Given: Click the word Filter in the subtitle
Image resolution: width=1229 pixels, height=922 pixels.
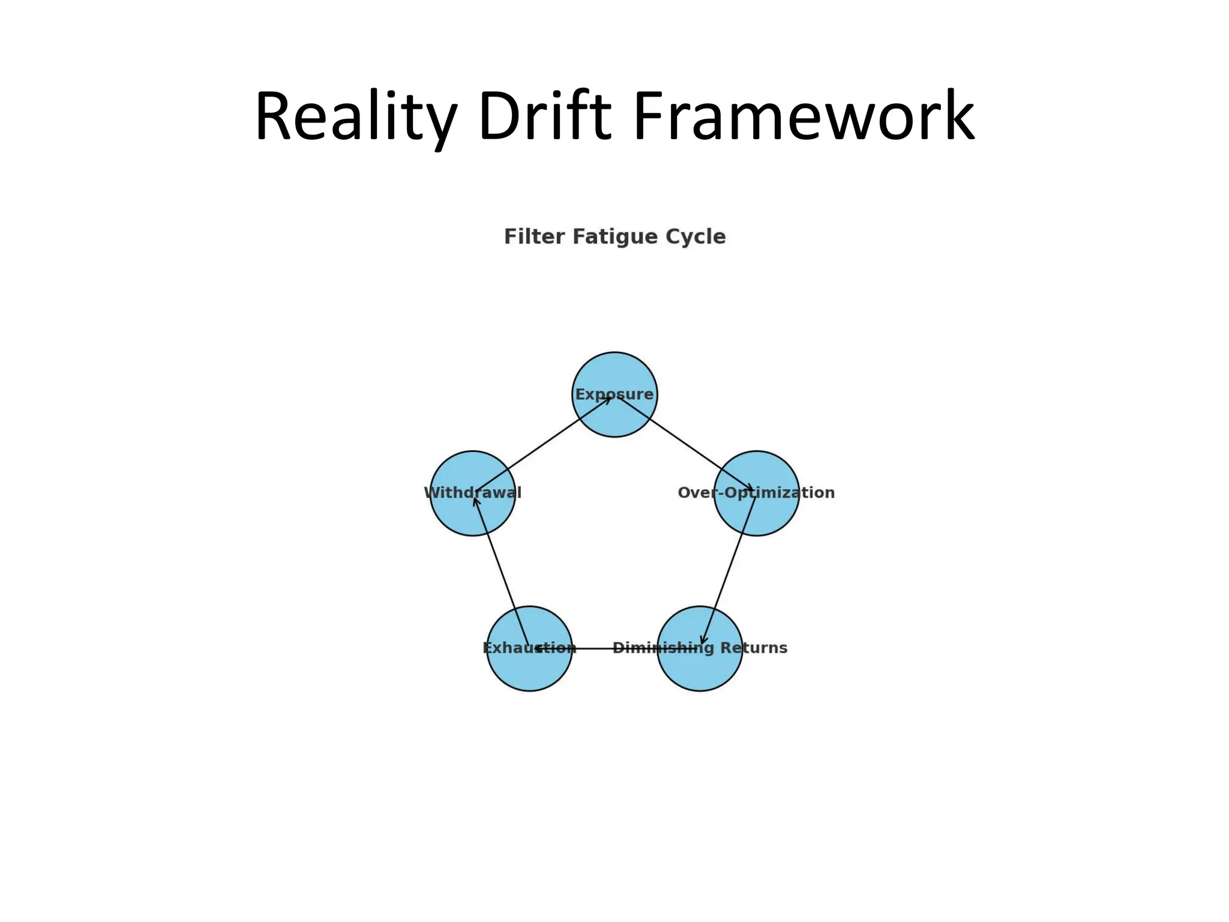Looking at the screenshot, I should pyautogui.click(x=533, y=237).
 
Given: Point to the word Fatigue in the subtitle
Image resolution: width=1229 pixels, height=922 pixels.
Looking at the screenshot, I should pyautogui.click(x=607, y=237).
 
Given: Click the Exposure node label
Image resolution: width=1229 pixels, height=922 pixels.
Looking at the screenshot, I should pyautogui.click(x=614, y=394).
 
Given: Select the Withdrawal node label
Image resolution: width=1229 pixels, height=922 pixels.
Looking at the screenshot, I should pyautogui.click(x=473, y=493).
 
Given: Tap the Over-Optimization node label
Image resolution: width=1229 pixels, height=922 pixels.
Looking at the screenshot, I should pyautogui.click(x=756, y=493).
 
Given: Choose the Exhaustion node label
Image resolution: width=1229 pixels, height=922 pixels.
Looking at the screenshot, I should pyautogui.click(x=529, y=648).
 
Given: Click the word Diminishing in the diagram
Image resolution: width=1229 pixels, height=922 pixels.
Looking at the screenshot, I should pyautogui.click(x=663, y=648).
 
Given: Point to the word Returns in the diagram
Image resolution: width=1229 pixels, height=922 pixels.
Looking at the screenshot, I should pyautogui.click(x=754, y=648).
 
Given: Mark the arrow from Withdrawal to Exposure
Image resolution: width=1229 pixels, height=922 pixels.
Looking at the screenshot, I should pyautogui.click(x=543, y=444).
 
